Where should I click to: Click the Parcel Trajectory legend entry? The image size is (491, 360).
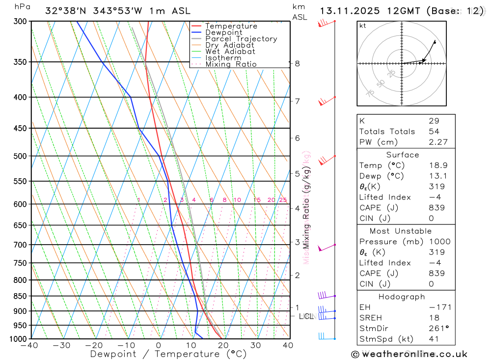click(x=241, y=39)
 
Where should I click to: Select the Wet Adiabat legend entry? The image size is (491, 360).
click(x=230, y=52)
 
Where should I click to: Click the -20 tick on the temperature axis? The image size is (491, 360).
click(x=94, y=345)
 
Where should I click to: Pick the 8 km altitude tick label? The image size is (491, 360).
click(x=297, y=63)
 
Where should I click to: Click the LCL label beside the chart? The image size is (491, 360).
click(x=306, y=316)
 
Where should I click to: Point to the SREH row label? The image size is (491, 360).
click(x=371, y=318)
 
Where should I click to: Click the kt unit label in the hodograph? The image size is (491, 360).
click(x=363, y=26)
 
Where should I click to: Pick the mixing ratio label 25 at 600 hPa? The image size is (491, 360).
click(x=283, y=200)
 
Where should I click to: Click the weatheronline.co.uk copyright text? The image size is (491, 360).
click(x=409, y=354)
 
